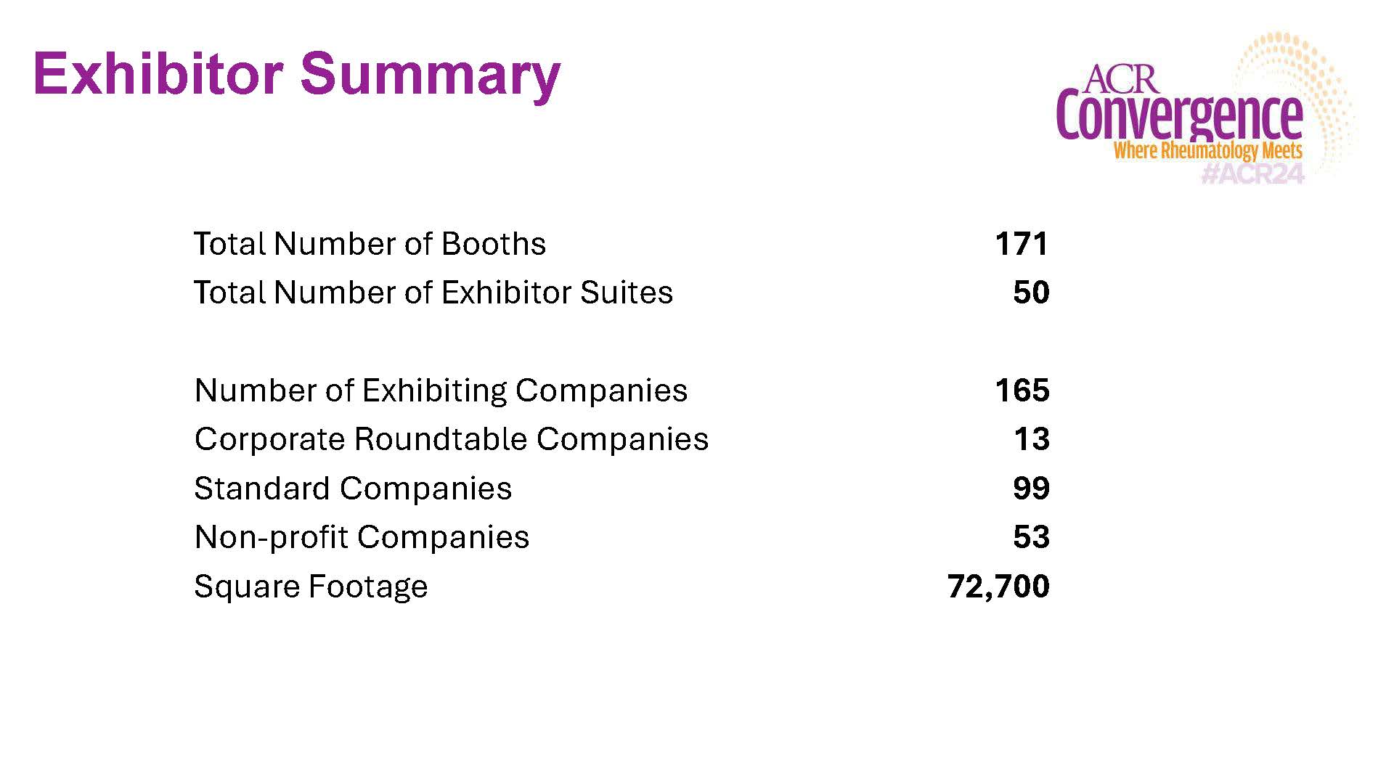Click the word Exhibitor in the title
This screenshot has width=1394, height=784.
(158, 73)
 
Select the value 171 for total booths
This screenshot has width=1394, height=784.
(1022, 244)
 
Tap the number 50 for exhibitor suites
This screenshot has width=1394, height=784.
(1031, 293)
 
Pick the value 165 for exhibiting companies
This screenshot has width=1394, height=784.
(1022, 391)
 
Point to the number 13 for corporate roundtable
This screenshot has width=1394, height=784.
(1031, 439)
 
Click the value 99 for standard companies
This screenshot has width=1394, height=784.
(1031, 489)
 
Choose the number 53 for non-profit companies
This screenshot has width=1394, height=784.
(1031, 537)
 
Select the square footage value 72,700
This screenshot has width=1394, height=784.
(998, 587)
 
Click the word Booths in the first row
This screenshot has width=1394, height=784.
(493, 244)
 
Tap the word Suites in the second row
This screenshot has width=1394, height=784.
(626, 293)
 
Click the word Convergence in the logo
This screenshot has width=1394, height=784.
(1179, 116)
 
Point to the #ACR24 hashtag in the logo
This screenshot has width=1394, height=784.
(1252, 173)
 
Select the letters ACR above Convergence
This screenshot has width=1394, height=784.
(1122, 79)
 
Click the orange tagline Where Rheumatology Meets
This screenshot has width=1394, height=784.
(1207, 151)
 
